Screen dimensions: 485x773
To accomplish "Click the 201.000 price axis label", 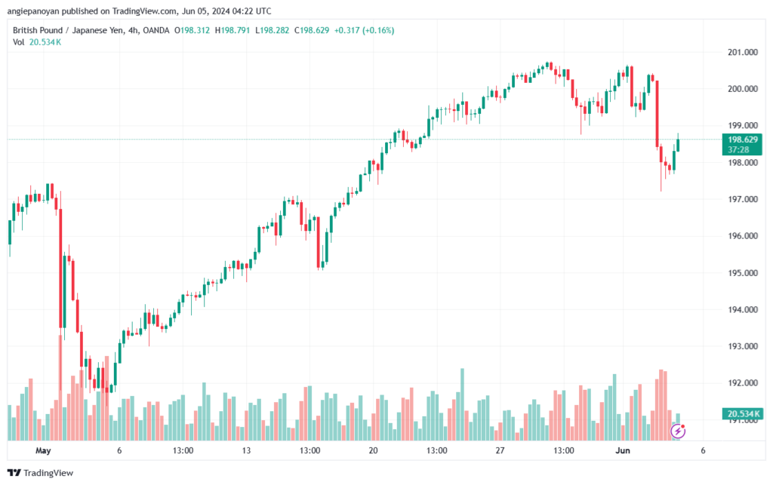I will pyautogui.click(x=742, y=52).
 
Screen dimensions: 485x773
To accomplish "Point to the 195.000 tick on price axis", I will pyautogui.click(x=742, y=273).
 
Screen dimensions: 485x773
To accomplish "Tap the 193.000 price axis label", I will pyautogui.click(x=742, y=346).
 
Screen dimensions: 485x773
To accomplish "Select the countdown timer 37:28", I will pyautogui.click(x=739, y=149).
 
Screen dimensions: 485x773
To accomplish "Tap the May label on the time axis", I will pyautogui.click(x=43, y=450).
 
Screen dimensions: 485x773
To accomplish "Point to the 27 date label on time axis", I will pyautogui.click(x=500, y=450).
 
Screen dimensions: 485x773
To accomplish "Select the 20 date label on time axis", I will pyautogui.click(x=373, y=450).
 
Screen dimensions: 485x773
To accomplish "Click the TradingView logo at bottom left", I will pyautogui.click(x=41, y=473).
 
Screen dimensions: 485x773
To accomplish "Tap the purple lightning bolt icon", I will pyautogui.click(x=679, y=431).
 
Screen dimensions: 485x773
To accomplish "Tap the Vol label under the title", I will pyautogui.click(x=18, y=42).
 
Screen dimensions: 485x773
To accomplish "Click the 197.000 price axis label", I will pyautogui.click(x=742, y=199).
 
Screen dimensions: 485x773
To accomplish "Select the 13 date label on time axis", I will pyautogui.click(x=246, y=450).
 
